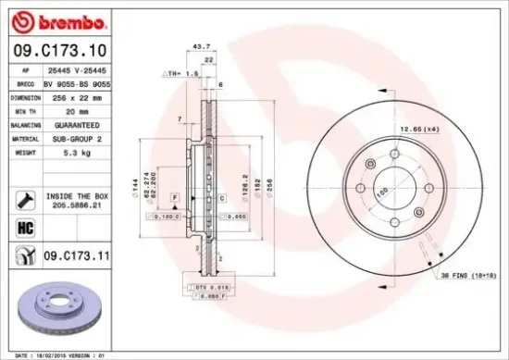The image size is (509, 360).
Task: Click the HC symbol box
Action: coord(24,225)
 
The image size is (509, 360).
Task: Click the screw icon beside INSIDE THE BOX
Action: coord(24,198)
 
